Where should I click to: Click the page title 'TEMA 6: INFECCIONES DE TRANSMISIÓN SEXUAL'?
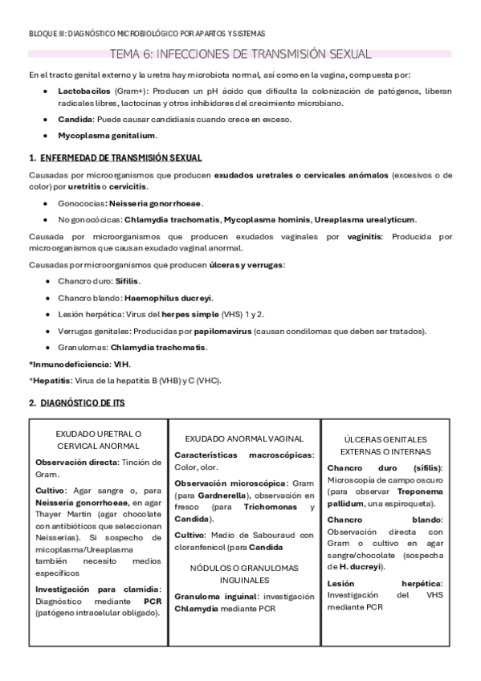[x=240, y=55]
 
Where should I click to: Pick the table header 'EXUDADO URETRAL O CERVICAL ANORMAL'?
[x=99, y=439]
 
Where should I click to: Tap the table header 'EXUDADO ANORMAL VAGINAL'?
[x=243, y=438]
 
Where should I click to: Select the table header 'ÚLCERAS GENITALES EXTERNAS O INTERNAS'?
[x=387, y=446]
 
